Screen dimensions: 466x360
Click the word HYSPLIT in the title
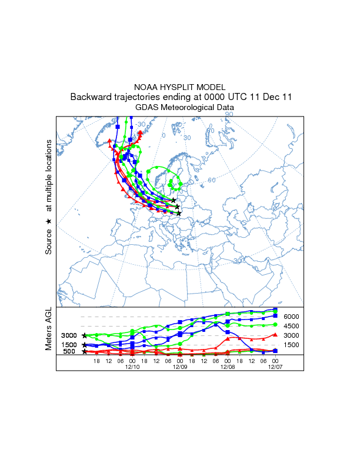pos(180,87)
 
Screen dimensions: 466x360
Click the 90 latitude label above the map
pos(229,114)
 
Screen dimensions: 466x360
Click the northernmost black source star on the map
pos(174,201)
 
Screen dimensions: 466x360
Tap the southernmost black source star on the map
pos(179,213)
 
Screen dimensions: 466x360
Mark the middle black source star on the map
pos(177,207)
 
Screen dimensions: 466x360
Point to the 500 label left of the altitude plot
pos(70,352)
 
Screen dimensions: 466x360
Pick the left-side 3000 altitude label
pos(69,335)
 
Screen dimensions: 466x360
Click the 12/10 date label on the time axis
pos(132,367)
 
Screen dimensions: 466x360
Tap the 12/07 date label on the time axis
pos(275,367)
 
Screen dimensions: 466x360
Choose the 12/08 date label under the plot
pos(228,367)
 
